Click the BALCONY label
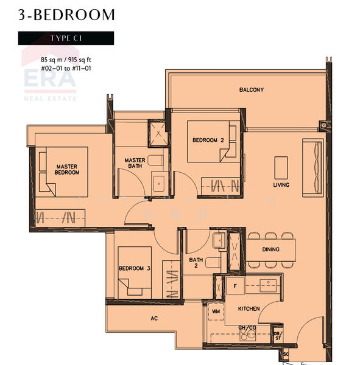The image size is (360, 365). point(251,90)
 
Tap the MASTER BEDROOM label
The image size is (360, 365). point(68,169)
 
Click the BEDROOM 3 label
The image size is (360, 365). point(135,268)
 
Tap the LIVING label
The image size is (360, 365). point(281,185)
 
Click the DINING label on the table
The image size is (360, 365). point(270,249)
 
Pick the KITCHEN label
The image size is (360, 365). point(249,309)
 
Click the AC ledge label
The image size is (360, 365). point(155,318)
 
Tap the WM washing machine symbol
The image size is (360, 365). point(215,311)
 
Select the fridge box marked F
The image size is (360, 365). point(234,285)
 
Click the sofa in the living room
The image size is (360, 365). point(314,167)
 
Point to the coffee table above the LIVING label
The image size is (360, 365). point(281,166)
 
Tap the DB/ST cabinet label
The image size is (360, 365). point(278,335)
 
